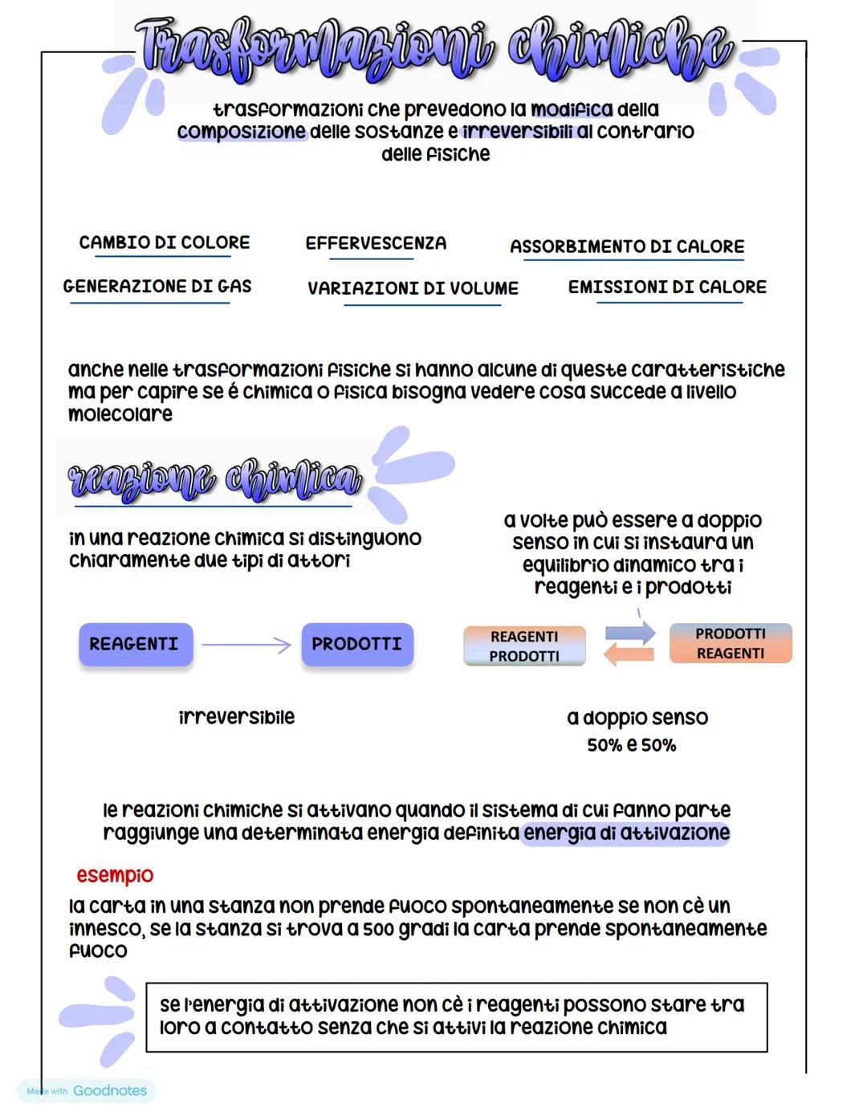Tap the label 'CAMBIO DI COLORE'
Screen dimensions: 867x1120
pos(164,242)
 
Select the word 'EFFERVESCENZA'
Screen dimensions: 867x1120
pos(376,243)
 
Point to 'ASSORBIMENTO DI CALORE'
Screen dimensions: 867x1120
pos(627,246)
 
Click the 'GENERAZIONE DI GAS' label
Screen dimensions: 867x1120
pos(157,287)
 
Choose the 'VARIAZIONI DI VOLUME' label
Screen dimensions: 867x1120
pos(413,288)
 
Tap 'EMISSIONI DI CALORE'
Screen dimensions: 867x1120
pos(667,287)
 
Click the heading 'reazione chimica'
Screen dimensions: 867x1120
pos(214,480)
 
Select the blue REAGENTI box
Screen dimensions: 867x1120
pos(136,644)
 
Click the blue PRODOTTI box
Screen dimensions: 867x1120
pos(357,644)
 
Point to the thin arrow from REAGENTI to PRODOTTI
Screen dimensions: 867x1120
pos(246,645)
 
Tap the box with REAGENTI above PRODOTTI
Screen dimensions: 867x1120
pos(524,646)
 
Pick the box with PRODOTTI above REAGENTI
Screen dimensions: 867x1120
pos(731,644)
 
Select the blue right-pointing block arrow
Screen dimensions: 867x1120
pos(631,633)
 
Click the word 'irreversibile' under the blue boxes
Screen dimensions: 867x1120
pos(236,717)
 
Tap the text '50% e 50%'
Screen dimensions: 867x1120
pos(631,745)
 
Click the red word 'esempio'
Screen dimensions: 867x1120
pos(115,875)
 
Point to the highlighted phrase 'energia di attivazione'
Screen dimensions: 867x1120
pos(626,833)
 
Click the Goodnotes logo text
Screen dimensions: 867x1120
pos(110,1091)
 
